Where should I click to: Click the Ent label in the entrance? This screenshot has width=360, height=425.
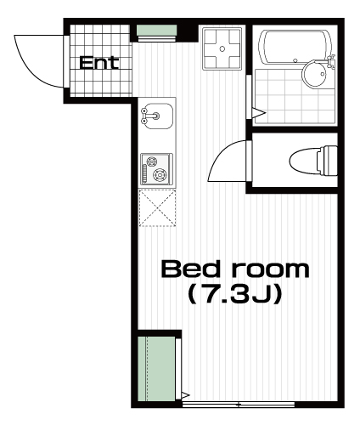[x=98, y=63]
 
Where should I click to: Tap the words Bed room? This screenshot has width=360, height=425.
[x=235, y=269]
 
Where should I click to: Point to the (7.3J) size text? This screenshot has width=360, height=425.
[x=235, y=294]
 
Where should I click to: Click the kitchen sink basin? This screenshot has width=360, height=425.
[x=157, y=116]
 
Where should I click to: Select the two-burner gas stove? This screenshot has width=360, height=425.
[x=156, y=169]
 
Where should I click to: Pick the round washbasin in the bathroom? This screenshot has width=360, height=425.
[x=315, y=74]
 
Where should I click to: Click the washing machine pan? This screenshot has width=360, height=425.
[x=222, y=48]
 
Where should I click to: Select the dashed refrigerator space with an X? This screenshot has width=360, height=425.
[x=157, y=208]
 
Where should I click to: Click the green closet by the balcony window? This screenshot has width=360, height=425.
[x=156, y=369]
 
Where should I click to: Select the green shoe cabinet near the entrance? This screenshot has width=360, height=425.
[x=156, y=31]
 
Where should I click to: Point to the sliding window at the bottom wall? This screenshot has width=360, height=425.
[x=239, y=405]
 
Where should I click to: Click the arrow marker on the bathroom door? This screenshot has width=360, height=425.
[x=259, y=113]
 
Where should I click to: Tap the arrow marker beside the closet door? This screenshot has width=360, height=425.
[x=185, y=394]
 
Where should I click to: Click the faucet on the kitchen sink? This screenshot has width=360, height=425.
[x=150, y=116]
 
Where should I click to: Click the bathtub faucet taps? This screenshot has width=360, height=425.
[x=330, y=61]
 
